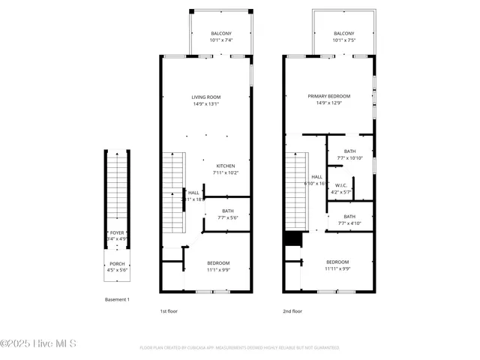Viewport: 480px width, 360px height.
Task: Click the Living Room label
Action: tap(205, 97)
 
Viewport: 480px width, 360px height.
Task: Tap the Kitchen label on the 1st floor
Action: tap(226, 166)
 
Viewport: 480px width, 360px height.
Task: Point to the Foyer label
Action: tap(117, 232)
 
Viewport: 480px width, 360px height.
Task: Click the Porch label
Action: tap(117, 263)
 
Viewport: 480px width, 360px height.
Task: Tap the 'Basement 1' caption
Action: tap(117, 300)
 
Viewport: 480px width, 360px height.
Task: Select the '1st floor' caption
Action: tap(169, 310)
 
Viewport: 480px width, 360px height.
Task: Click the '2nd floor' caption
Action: tap(292, 310)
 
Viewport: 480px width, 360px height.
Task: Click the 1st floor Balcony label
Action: tap(220, 34)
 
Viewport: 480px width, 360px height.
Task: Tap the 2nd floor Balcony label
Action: tap(343, 34)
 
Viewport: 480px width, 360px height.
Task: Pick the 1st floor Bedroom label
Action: tap(218, 262)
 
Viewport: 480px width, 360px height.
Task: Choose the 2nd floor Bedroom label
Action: tap(337, 262)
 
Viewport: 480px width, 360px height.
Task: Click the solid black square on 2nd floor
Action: tap(292, 238)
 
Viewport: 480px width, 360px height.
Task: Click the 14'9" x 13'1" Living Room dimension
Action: tap(205, 103)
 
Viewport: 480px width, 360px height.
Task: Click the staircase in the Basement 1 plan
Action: tap(117, 187)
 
